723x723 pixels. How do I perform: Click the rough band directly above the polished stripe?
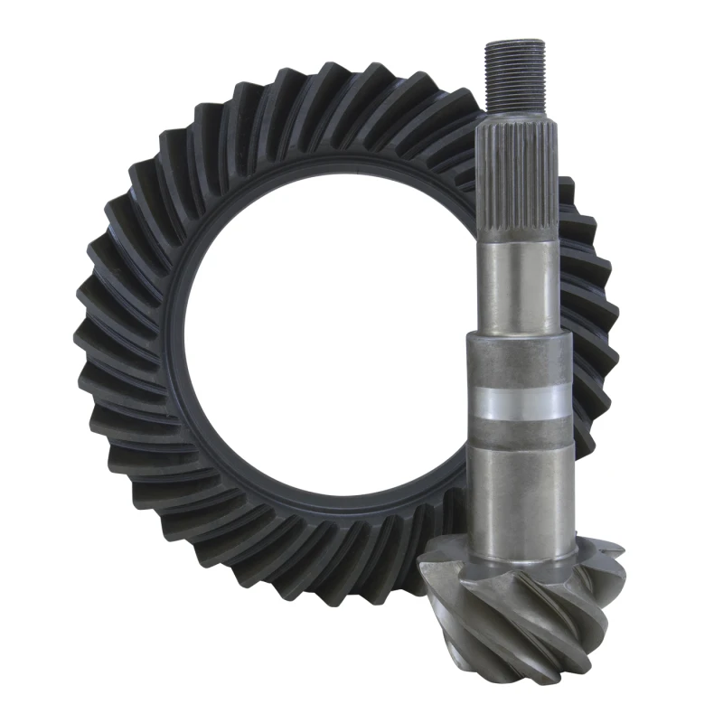click(521, 361)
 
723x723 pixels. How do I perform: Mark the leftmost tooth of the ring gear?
click(86, 343)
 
